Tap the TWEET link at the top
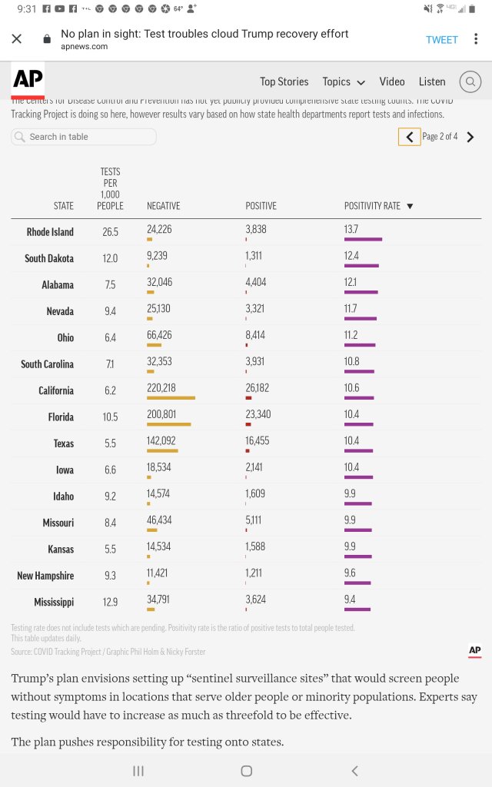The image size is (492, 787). click(442, 40)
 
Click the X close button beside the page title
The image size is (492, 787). click(17, 39)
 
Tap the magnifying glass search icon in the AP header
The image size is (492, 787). click(470, 81)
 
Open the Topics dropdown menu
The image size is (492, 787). click(344, 81)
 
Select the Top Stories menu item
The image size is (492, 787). click(284, 81)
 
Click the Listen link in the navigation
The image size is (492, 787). click(432, 81)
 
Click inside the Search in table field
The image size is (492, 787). click(85, 137)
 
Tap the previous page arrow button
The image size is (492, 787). click(409, 137)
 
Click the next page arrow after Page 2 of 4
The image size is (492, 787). click(470, 137)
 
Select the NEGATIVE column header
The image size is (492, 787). click(163, 206)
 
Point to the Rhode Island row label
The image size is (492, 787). click(50, 232)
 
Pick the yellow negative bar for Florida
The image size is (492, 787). click(168, 424)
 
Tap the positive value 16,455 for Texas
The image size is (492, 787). click(258, 441)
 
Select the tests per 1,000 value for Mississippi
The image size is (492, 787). click(110, 602)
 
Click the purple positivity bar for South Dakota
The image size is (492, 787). click(361, 266)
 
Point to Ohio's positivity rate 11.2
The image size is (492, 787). click(351, 335)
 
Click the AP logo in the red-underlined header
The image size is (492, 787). click(28, 80)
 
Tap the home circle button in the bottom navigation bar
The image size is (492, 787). click(246, 771)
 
